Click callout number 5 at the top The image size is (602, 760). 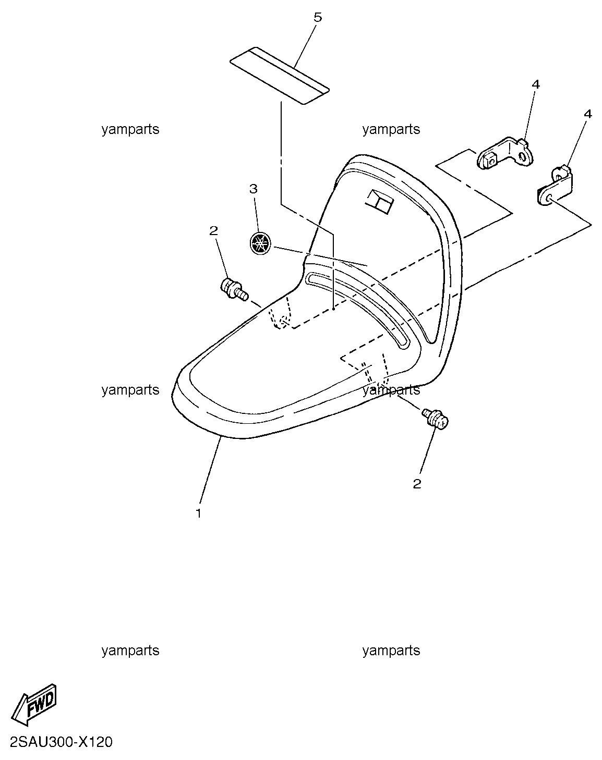tap(318, 17)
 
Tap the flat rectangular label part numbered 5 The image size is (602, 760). tap(279, 76)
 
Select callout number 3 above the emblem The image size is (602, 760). tap(253, 189)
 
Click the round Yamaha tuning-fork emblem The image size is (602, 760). tap(259, 243)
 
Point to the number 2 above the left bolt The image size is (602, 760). tap(213, 230)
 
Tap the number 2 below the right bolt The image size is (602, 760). tap(417, 484)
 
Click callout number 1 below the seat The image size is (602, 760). tap(199, 513)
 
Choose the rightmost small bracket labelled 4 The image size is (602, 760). tap(555, 185)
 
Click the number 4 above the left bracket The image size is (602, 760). tap(536, 84)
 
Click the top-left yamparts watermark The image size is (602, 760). tap(130, 130)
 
